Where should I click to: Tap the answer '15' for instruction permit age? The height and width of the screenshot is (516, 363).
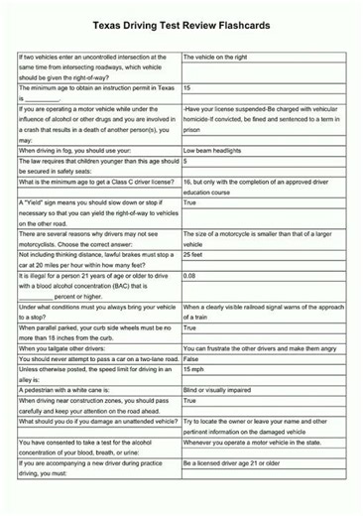(x=187, y=88)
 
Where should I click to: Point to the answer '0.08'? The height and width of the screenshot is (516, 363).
(x=189, y=275)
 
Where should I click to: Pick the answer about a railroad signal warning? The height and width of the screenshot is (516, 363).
(x=263, y=312)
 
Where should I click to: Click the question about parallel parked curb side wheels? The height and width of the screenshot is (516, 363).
(x=95, y=330)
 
